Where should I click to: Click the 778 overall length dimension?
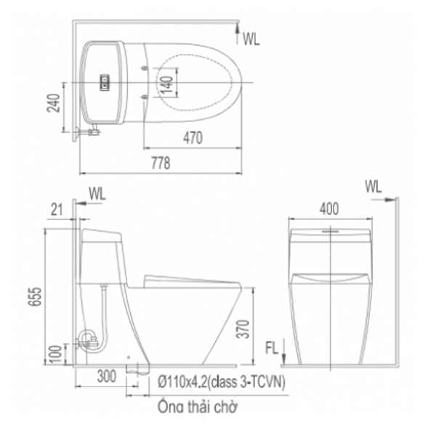[161, 163]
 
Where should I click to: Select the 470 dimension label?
[193, 137]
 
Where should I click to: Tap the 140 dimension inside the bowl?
[167, 83]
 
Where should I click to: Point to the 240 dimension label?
[53, 103]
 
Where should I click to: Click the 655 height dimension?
[35, 296]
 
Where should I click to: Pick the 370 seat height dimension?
[243, 329]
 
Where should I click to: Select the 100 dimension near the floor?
[56, 354]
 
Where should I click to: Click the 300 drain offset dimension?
[107, 376]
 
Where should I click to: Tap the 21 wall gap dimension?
[57, 209]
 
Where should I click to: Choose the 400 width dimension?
[329, 209]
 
